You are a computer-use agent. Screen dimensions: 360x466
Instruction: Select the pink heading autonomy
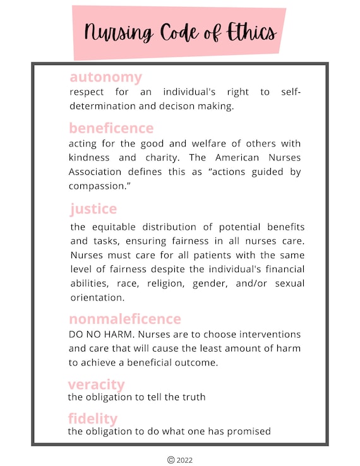coord(105,78)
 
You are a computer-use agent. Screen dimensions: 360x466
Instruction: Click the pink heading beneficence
coord(111,128)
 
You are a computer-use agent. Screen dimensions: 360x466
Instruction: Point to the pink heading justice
coord(93,208)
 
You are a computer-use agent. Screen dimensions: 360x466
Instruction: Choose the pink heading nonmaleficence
coord(125,319)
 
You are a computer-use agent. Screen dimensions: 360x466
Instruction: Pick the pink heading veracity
coord(96,385)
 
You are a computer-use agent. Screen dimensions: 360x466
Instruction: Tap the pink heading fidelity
coord(93,419)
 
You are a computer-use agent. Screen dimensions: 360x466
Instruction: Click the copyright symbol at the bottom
coord(171,460)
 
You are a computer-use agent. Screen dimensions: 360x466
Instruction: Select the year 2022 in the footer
coord(185,460)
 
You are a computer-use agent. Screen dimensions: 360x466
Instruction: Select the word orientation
coord(97,297)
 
